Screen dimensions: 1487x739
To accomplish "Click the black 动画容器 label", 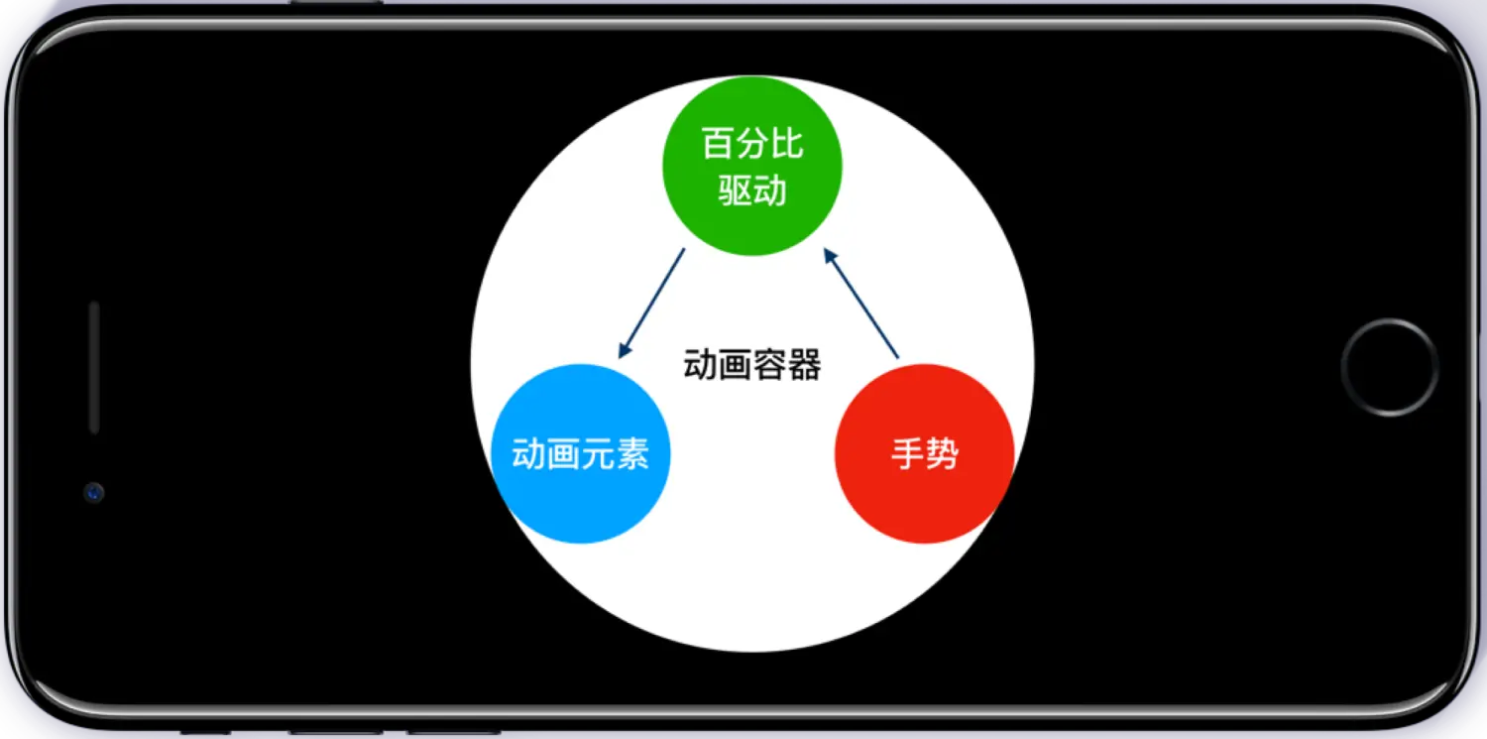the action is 752,365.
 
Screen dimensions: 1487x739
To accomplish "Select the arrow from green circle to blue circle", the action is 651,303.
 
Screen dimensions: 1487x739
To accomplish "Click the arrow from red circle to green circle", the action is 860,303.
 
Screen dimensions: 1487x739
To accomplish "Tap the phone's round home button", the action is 1389,366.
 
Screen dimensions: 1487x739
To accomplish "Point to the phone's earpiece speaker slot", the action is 94,367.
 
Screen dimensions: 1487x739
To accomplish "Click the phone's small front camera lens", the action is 94,491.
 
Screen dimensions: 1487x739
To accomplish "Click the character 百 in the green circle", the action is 718,144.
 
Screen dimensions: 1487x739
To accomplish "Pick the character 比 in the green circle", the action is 787,144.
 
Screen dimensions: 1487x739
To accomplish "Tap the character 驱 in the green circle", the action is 735,189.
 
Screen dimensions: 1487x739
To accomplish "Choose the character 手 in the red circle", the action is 907,454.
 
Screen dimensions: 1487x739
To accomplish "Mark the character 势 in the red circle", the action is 942,454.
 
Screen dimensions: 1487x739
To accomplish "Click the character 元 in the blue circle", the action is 598,454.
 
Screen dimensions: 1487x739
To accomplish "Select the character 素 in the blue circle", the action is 632,454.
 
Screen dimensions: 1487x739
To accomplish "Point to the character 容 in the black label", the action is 769,365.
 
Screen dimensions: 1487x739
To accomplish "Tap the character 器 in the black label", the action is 804,365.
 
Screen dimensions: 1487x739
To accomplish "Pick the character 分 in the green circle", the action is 752,144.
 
